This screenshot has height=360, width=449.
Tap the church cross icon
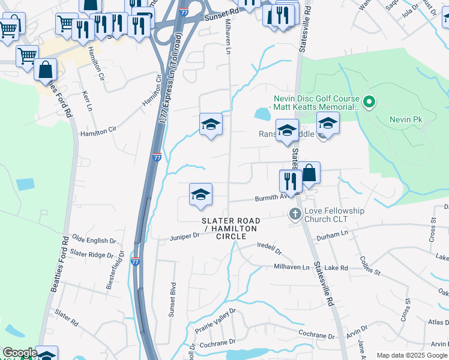(295, 214)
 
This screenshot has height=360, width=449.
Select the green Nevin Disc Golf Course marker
(369, 103)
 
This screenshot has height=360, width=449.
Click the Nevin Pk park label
(406, 120)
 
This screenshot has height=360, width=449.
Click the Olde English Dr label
(94, 241)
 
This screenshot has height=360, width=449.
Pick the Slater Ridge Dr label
(92, 254)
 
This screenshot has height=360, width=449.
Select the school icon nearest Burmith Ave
(201, 194)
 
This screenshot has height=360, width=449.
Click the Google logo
(19, 353)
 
